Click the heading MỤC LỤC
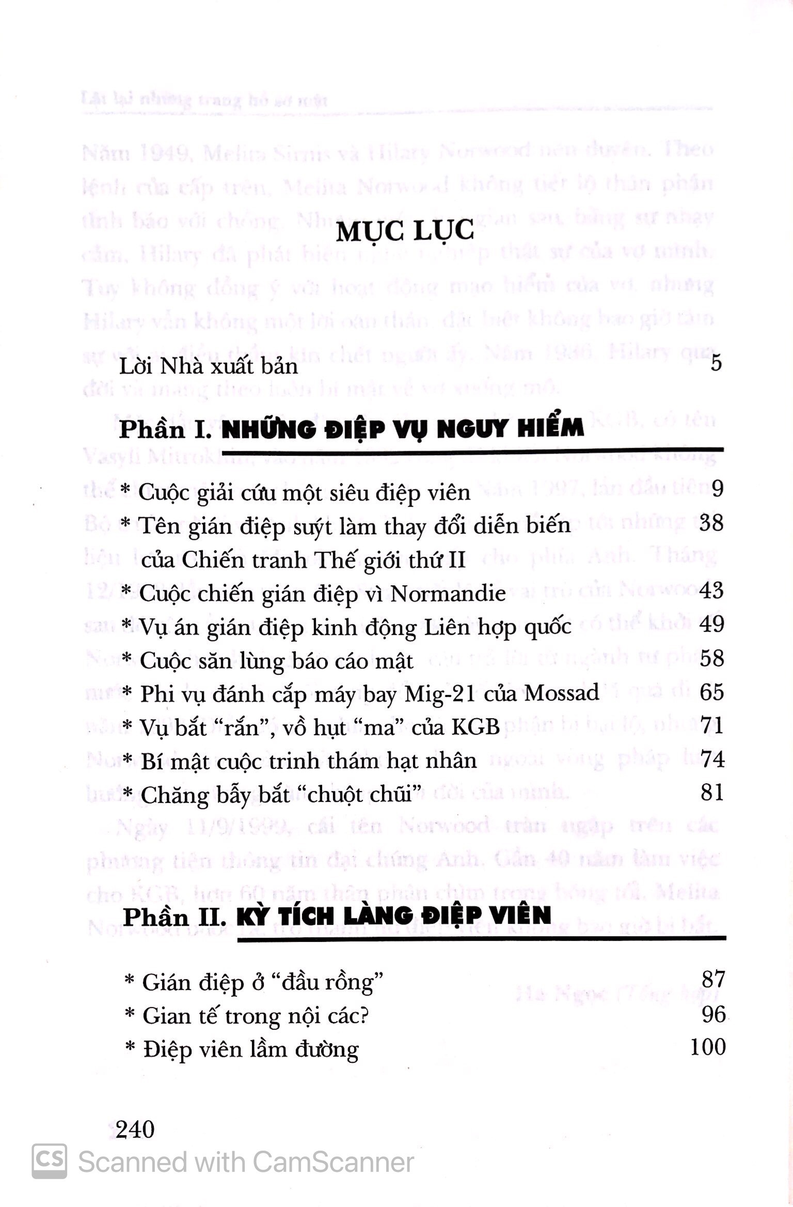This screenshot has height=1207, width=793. point(404,231)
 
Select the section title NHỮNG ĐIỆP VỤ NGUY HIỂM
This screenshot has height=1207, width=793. point(403,429)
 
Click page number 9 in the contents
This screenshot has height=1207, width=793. point(717,488)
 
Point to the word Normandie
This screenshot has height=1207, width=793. point(448,594)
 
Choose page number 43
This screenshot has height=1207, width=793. point(712,590)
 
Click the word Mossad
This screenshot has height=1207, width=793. point(562,693)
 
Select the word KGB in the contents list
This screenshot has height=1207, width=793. point(475,727)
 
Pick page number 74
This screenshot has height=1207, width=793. point(712,760)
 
